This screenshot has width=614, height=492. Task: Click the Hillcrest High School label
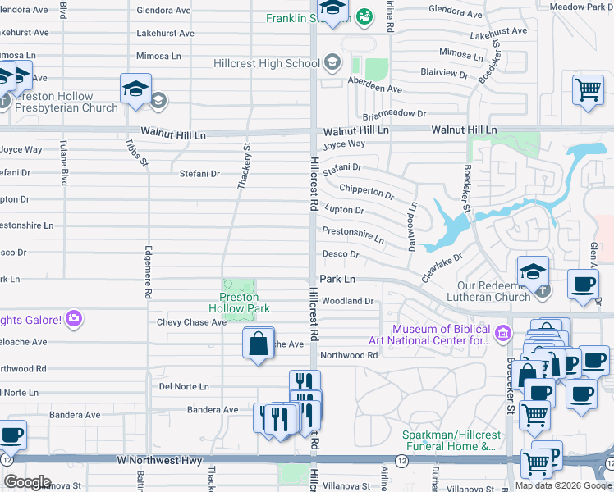tap(266, 63)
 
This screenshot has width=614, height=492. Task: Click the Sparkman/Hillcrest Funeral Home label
tap(449, 440)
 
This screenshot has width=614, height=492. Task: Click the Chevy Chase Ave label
tap(191, 322)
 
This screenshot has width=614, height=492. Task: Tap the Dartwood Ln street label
tap(413, 227)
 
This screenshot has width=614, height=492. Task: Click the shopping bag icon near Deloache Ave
tap(258, 344)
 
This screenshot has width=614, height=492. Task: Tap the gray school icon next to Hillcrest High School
tap(332, 62)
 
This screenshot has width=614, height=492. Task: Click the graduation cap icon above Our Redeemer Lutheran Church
tap(533, 271)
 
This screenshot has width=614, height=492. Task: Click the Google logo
tap(27, 482)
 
